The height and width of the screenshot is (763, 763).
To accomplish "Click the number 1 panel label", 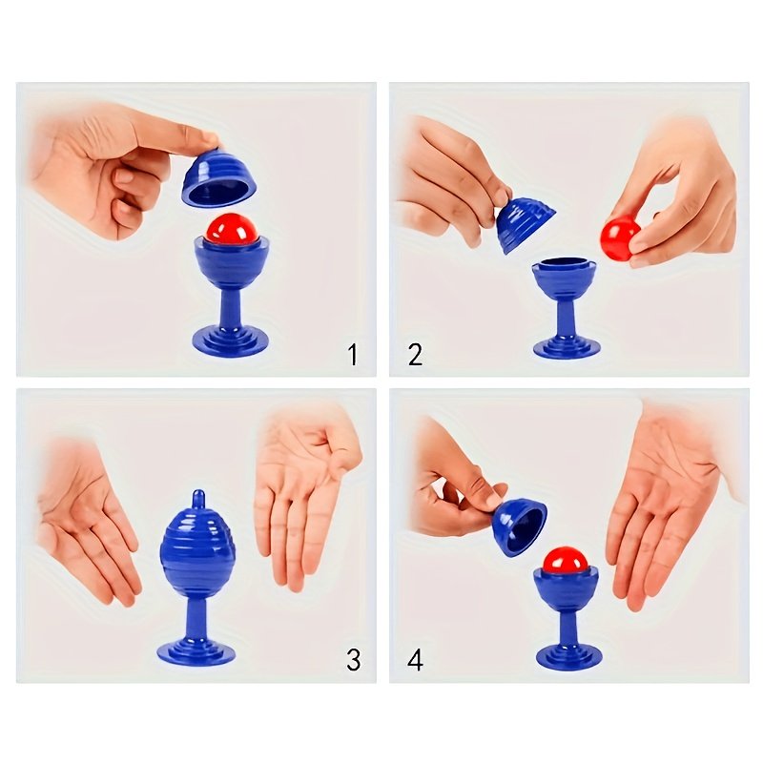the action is click(x=353, y=354).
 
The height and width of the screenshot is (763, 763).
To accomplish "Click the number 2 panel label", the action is click(x=415, y=354).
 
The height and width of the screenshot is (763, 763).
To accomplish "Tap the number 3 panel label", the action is click(x=354, y=660).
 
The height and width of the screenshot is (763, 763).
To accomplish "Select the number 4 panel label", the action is click(x=415, y=660).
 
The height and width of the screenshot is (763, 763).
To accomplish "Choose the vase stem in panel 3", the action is click(x=197, y=619).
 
